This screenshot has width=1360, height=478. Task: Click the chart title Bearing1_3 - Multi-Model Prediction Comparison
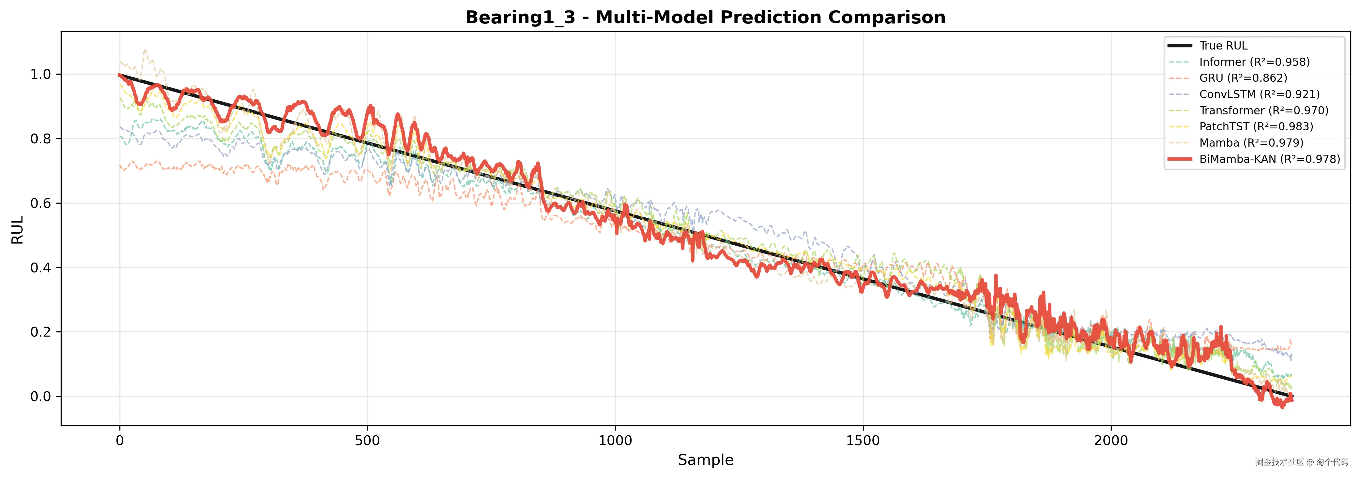click(705, 17)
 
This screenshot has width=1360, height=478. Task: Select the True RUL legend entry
click(1223, 46)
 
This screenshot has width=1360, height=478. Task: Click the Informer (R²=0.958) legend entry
click(1254, 62)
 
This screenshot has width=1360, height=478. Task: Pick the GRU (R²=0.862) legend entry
click(1243, 78)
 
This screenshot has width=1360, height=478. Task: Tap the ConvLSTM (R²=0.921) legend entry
click(1259, 94)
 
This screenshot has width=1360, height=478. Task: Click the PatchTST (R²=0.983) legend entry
click(1256, 127)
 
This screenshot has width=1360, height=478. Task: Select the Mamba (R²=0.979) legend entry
click(1251, 143)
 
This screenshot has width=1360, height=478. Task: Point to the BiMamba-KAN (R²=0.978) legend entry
click(1269, 159)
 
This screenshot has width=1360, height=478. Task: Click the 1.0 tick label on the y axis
click(41, 74)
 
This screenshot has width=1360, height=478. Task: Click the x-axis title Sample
click(705, 460)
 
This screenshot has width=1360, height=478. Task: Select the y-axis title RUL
click(17, 229)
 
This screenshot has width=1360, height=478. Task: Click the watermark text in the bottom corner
click(1301, 462)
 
